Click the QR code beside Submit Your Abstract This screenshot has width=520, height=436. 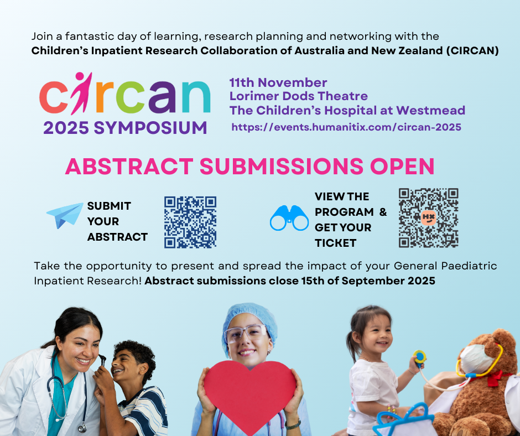coord(190,222)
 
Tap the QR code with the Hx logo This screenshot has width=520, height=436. coord(429,217)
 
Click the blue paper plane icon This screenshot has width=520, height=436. coord(65,215)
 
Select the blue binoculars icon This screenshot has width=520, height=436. coord(289,218)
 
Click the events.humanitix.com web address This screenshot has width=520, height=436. coord(346,127)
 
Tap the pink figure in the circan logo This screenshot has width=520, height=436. coord(81,93)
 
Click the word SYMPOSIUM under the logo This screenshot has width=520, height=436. coord(150,128)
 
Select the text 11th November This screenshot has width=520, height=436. coord(278,82)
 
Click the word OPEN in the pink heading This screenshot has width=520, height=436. coord(402,166)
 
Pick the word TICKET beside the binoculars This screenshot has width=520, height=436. coord(335,243)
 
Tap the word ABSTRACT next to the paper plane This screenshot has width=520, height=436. coord(117,237)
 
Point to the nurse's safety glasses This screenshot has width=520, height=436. coord(246,333)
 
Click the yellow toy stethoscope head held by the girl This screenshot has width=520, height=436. coord(419,357)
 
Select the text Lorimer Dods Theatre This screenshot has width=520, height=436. coord(299,96)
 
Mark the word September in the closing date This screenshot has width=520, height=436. coord(373,281)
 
